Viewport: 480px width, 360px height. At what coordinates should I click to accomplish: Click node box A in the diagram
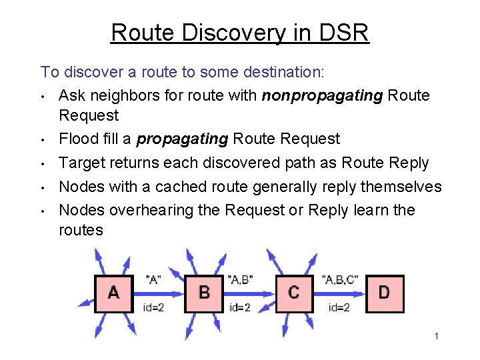coord(113,293)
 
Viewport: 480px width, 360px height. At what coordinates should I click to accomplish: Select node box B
coord(205,293)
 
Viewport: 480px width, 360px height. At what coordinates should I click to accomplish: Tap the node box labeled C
coord(294,293)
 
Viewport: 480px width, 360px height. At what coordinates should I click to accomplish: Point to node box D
coord(384,293)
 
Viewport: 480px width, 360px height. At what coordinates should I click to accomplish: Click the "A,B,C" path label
coord(339,279)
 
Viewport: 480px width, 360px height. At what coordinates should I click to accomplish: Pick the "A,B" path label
coord(240,279)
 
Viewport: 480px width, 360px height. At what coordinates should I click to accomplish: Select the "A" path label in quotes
coord(153,279)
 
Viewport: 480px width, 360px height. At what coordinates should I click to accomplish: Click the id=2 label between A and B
coord(154,307)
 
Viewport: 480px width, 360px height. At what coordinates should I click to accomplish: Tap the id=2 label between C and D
coord(339,307)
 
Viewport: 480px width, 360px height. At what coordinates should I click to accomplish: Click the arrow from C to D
coord(340,293)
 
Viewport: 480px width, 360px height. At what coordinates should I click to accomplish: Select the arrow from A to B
coord(158,293)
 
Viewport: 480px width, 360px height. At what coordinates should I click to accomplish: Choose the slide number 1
coord(436,336)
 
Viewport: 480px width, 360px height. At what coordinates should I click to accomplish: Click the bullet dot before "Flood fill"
coord(43,140)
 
